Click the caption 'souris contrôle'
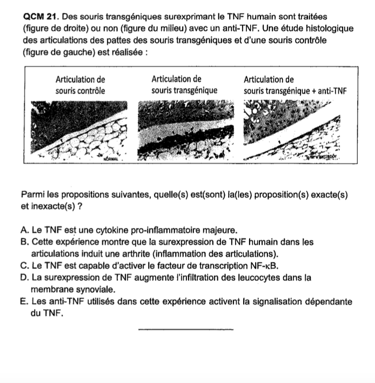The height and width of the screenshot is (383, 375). coord(81,90)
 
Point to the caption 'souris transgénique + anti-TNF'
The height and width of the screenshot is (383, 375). coord(294,90)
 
